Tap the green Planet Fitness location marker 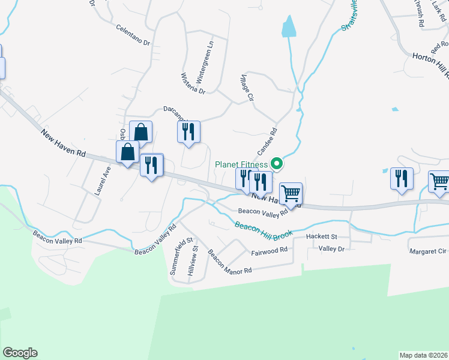tap(277, 163)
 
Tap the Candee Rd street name tap(267, 139)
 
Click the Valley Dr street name tap(331, 248)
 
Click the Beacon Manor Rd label tap(229, 262)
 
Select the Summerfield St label tap(182, 256)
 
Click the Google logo tap(20, 353)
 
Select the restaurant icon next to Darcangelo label tap(188, 131)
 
